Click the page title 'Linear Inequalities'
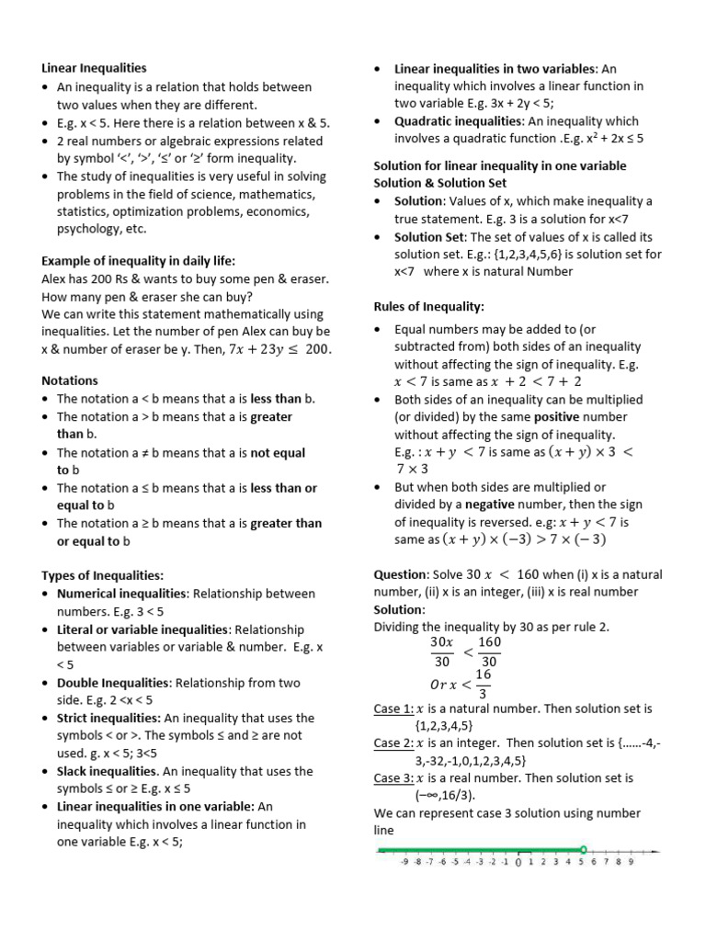[94, 68]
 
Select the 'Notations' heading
[70, 380]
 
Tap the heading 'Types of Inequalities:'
[102, 575]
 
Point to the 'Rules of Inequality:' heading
[428, 306]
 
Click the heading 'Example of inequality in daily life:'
[139, 261]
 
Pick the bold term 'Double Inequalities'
[113, 683]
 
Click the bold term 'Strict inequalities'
[108, 718]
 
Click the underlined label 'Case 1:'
[393, 709]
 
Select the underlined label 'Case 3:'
[393, 778]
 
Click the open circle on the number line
[583, 849]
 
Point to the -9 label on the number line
[404, 863]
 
